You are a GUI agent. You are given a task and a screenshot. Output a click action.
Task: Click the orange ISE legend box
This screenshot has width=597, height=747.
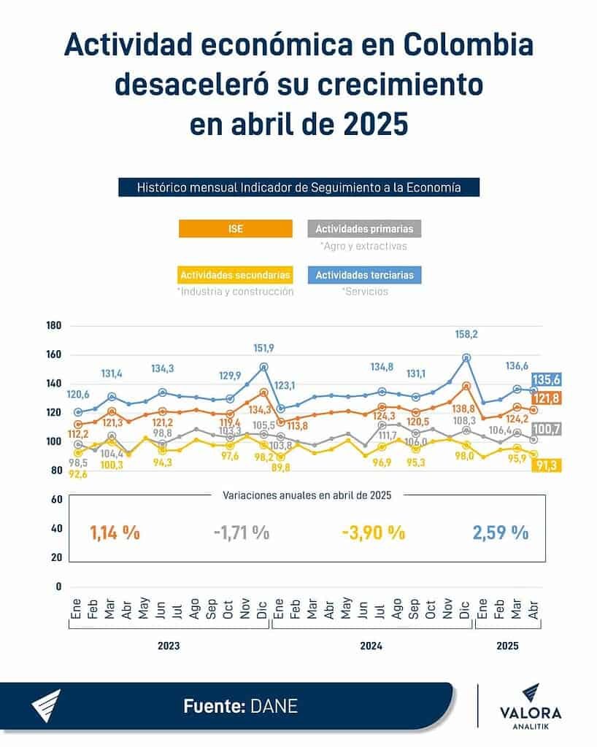235,229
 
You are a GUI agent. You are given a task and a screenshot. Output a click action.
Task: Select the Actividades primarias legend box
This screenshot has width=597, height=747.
364,229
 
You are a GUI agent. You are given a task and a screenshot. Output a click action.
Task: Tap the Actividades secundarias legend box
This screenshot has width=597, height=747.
235,275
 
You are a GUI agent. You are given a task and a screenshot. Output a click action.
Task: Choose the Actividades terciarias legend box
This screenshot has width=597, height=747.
364,275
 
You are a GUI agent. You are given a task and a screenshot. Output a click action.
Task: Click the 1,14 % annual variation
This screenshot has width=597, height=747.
115,533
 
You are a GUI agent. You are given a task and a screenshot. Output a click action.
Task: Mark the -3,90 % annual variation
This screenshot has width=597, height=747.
373,533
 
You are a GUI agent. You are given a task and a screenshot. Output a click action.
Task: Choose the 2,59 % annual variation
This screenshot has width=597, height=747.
501,533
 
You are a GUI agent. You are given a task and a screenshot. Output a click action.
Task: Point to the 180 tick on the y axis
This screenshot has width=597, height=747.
53,325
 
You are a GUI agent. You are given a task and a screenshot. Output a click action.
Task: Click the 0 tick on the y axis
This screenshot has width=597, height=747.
57,587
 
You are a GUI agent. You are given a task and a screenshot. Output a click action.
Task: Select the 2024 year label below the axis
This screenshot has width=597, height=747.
371,646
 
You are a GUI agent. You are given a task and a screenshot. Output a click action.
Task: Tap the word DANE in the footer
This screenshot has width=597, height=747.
274,706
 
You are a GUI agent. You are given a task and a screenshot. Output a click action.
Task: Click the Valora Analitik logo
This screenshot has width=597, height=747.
531,706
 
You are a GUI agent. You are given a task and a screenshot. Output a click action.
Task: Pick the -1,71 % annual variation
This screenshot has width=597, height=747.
242,533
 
